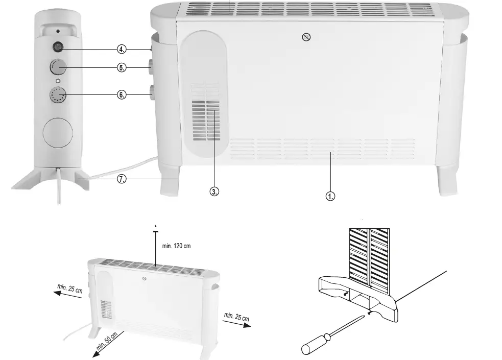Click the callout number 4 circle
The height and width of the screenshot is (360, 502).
coord(122,49)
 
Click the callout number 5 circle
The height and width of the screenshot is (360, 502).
coord(122,67)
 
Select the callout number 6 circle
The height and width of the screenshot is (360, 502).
coord(122,95)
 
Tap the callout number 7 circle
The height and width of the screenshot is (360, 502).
coord(122,180)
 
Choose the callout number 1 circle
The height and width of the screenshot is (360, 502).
coord(331,196)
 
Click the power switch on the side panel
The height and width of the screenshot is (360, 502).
coord(58,48)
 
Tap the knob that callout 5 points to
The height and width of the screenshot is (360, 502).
coord(58,67)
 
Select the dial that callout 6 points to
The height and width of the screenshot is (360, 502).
coord(58,95)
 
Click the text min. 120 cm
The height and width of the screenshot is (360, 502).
coord(176,246)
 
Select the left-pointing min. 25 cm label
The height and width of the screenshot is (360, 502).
coord(70,289)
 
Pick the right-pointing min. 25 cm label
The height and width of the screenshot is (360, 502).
coord(236,318)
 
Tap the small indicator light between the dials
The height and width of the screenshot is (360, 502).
coord(58,81)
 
